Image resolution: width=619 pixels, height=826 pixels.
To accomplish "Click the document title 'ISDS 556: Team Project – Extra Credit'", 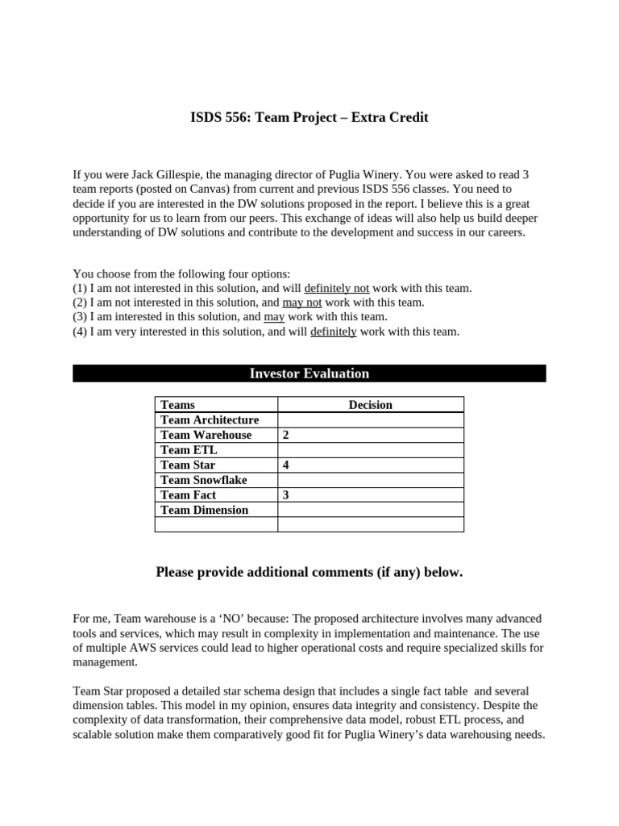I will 309,118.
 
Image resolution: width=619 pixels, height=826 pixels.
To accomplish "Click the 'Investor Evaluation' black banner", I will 309,373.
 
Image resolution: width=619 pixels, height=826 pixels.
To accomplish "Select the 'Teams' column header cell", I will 178,405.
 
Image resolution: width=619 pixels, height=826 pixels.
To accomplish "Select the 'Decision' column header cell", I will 370,405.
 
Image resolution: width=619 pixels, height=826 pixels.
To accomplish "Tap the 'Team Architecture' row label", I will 210,420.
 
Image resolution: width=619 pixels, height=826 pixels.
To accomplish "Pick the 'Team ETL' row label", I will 189,450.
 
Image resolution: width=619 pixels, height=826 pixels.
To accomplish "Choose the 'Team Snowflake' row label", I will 204,480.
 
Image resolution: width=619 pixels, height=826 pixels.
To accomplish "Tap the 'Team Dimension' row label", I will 205,510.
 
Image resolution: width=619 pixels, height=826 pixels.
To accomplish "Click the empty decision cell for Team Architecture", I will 370,420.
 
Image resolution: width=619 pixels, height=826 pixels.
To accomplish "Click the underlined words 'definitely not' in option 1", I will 337,288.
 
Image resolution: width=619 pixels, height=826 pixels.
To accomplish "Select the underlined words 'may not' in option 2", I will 302,302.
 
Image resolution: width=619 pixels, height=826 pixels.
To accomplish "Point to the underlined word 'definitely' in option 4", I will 333,332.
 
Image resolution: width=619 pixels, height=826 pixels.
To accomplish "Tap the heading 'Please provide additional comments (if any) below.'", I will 309,573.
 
